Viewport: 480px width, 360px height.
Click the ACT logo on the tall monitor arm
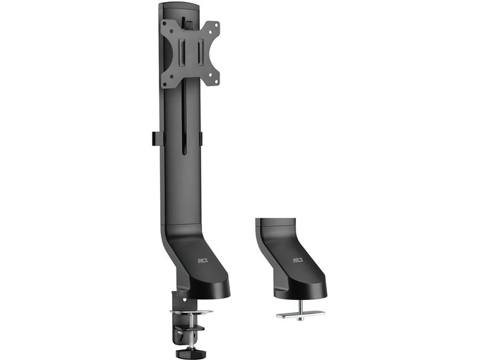203,260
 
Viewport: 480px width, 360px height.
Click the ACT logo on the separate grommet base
298,260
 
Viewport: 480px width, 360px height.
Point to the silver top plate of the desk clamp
191,312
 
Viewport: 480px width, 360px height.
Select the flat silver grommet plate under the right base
301,314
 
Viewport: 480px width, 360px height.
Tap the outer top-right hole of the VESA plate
217,24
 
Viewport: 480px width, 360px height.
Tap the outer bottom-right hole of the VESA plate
217,82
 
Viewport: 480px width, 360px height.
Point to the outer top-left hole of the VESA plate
164,23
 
